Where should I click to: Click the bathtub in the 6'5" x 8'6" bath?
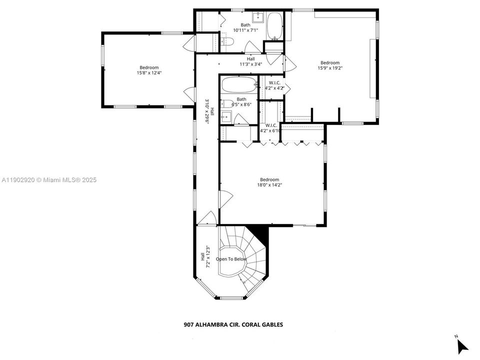[x=238, y=85]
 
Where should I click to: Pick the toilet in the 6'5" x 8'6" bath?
[x=227, y=104]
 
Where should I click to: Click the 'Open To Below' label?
[x=231, y=259]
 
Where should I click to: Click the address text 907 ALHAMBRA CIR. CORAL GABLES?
[x=233, y=324]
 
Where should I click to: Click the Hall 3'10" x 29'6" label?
[x=209, y=111]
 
